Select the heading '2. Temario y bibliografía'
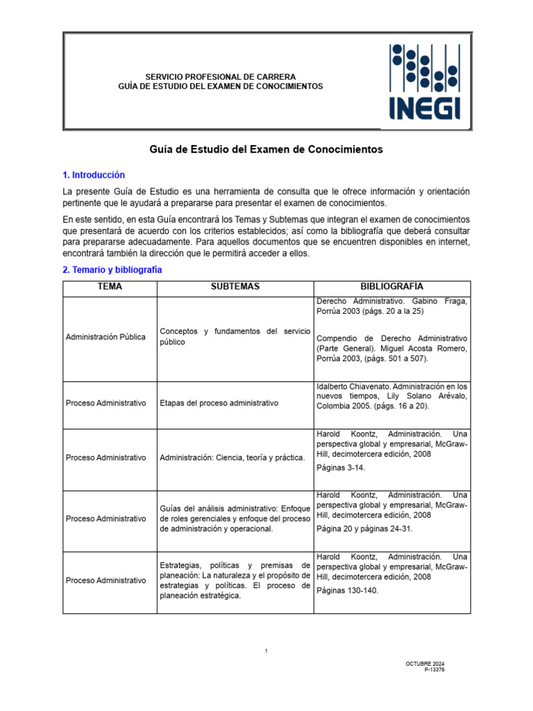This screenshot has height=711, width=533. pos(112,269)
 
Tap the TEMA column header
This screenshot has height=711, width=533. pos(110,287)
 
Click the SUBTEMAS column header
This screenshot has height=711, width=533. pos(235,287)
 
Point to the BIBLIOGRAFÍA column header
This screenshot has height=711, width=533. pos(391,287)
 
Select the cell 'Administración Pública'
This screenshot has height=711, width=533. pos(105,337)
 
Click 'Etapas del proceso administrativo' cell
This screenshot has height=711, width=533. pos(219,403)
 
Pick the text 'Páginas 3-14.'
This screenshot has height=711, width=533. pos(341,467)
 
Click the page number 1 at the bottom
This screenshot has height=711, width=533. pos(266,651)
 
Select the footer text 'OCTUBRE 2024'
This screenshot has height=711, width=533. pos(425,664)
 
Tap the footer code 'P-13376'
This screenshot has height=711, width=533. pos(434,669)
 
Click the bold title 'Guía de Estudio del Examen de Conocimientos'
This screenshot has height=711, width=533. pos(266,149)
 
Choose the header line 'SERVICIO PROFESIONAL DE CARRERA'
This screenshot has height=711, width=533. pos(220,76)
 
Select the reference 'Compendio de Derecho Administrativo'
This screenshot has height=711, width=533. pos(391,338)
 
